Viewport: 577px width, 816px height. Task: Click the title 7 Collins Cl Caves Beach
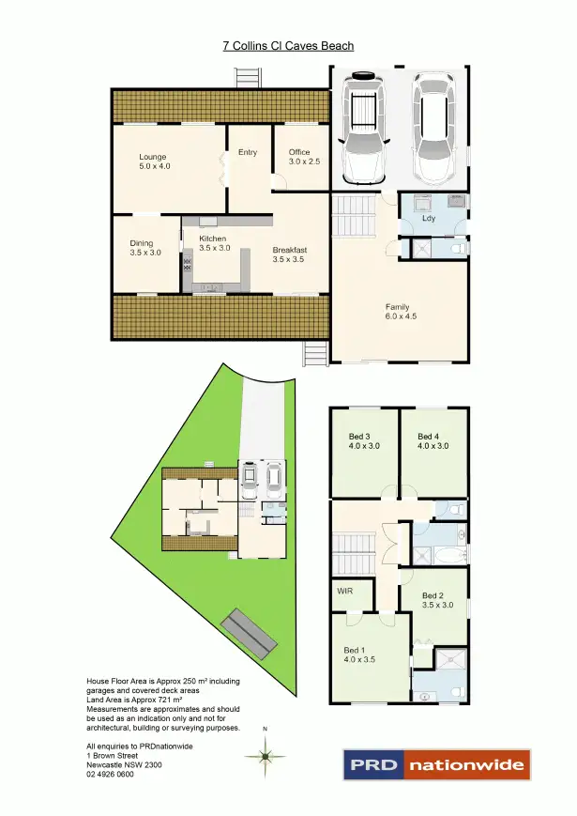288,45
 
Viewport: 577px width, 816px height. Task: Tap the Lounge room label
154,161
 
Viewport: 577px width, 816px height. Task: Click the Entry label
248,153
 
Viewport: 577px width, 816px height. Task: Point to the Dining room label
145,248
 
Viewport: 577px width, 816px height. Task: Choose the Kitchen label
214,242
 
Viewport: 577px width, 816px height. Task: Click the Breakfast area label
290,254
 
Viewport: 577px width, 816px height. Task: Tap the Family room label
401,311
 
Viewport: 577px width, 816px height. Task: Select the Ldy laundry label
430,219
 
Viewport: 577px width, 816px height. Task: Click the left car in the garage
363,130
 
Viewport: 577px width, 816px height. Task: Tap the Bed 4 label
433,440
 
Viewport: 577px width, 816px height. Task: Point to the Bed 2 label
437,600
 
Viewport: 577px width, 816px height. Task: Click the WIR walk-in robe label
344,593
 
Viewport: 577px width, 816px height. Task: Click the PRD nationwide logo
436,764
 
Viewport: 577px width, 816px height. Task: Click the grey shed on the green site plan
250,634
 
